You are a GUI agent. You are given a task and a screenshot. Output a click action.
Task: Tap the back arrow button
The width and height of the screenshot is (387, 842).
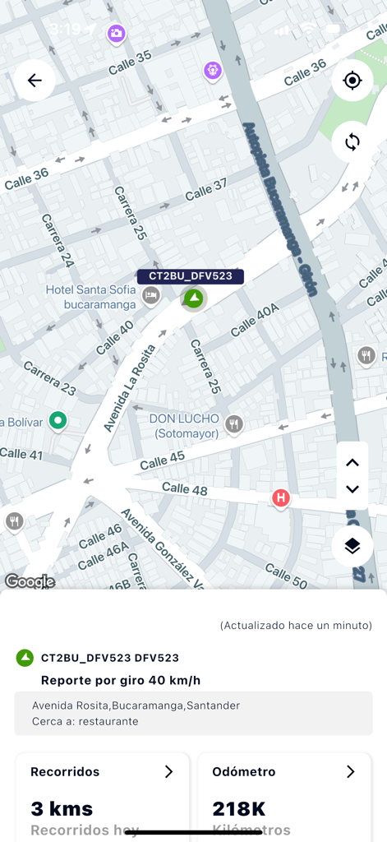click(x=35, y=81)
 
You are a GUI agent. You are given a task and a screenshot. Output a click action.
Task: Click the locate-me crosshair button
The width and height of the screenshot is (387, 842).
click(x=352, y=81)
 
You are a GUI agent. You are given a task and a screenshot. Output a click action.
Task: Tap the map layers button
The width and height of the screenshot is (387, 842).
click(x=352, y=546)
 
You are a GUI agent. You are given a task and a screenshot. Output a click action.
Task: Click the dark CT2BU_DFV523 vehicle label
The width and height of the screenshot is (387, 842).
click(x=191, y=276)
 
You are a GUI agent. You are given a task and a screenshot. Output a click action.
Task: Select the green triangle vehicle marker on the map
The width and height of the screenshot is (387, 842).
click(x=193, y=298)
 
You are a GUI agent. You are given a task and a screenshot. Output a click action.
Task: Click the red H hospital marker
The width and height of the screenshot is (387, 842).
click(x=281, y=498)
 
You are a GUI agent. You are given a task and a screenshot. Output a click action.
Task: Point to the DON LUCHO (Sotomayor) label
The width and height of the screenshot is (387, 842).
click(x=184, y=425)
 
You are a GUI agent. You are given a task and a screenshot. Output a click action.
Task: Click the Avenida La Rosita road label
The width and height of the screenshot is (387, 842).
click(x=129, y=389)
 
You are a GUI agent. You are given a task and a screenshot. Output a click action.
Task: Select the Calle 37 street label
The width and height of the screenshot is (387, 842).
click(x=205, y=190)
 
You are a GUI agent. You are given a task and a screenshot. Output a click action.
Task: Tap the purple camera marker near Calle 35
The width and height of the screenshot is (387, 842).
click(x=117, y=33)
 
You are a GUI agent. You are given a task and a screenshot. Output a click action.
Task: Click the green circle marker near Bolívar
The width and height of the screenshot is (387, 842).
click(x=58, y=421)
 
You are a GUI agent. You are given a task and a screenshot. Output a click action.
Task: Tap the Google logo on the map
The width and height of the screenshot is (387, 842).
click(x=30, y=581)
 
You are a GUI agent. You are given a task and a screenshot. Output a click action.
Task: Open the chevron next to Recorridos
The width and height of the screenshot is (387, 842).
click(x=168, y=771)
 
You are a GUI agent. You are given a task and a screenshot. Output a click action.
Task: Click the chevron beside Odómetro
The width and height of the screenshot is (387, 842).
click(x=350, y=771)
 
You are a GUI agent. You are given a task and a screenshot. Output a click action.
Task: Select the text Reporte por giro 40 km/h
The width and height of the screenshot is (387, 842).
click(x=121, y=680)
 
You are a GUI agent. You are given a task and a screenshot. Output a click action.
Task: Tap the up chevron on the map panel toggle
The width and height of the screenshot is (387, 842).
click(x=352, y=462)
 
